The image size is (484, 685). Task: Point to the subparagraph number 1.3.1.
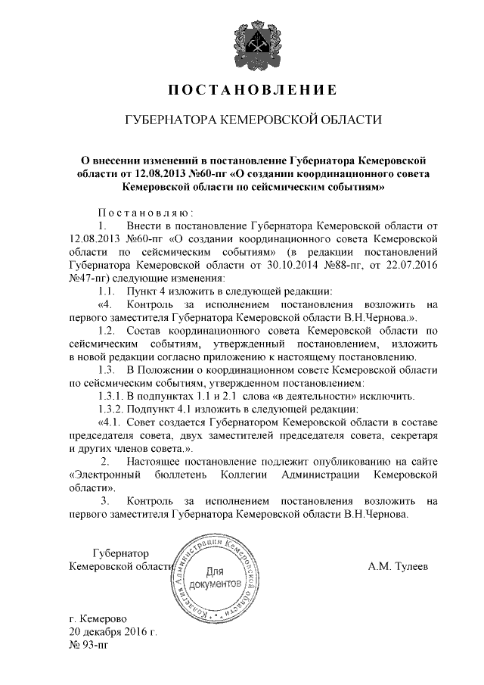click(x=114, y=396)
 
